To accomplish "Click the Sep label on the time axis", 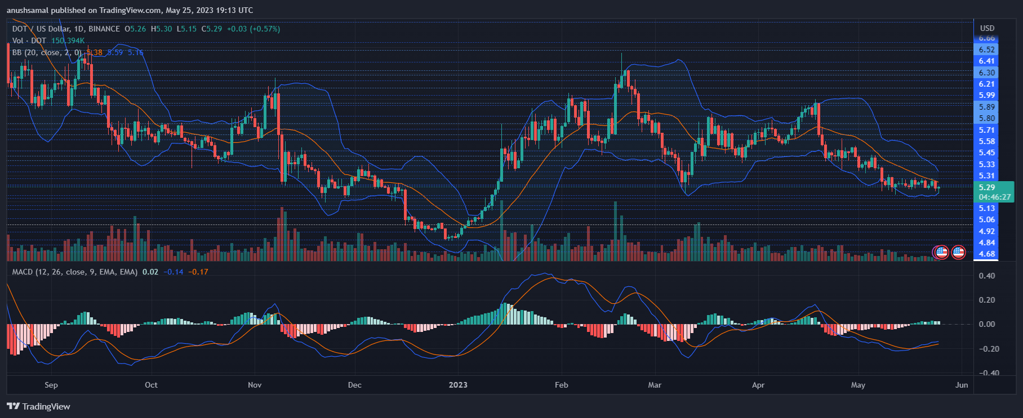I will click(51, 385).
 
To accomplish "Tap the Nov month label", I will click(255, 385).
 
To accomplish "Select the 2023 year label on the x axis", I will click(458, 385).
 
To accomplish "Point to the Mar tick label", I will click(655, 385).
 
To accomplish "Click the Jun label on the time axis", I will click(962, 385).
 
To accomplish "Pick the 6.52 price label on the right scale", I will click(986, 50).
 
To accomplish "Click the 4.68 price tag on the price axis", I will click(986, 254).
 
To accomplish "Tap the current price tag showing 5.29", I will click(987, 187).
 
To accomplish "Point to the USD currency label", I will click(987, 28).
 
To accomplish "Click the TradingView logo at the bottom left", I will click(38, 407).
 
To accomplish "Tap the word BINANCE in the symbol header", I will click(104, 29).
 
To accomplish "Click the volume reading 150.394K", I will click(68, 41).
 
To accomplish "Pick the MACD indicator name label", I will click(23, 272).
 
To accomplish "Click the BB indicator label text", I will click(17, 52).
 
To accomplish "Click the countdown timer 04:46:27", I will click(994, 197).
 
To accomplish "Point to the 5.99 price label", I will click(986, 95).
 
